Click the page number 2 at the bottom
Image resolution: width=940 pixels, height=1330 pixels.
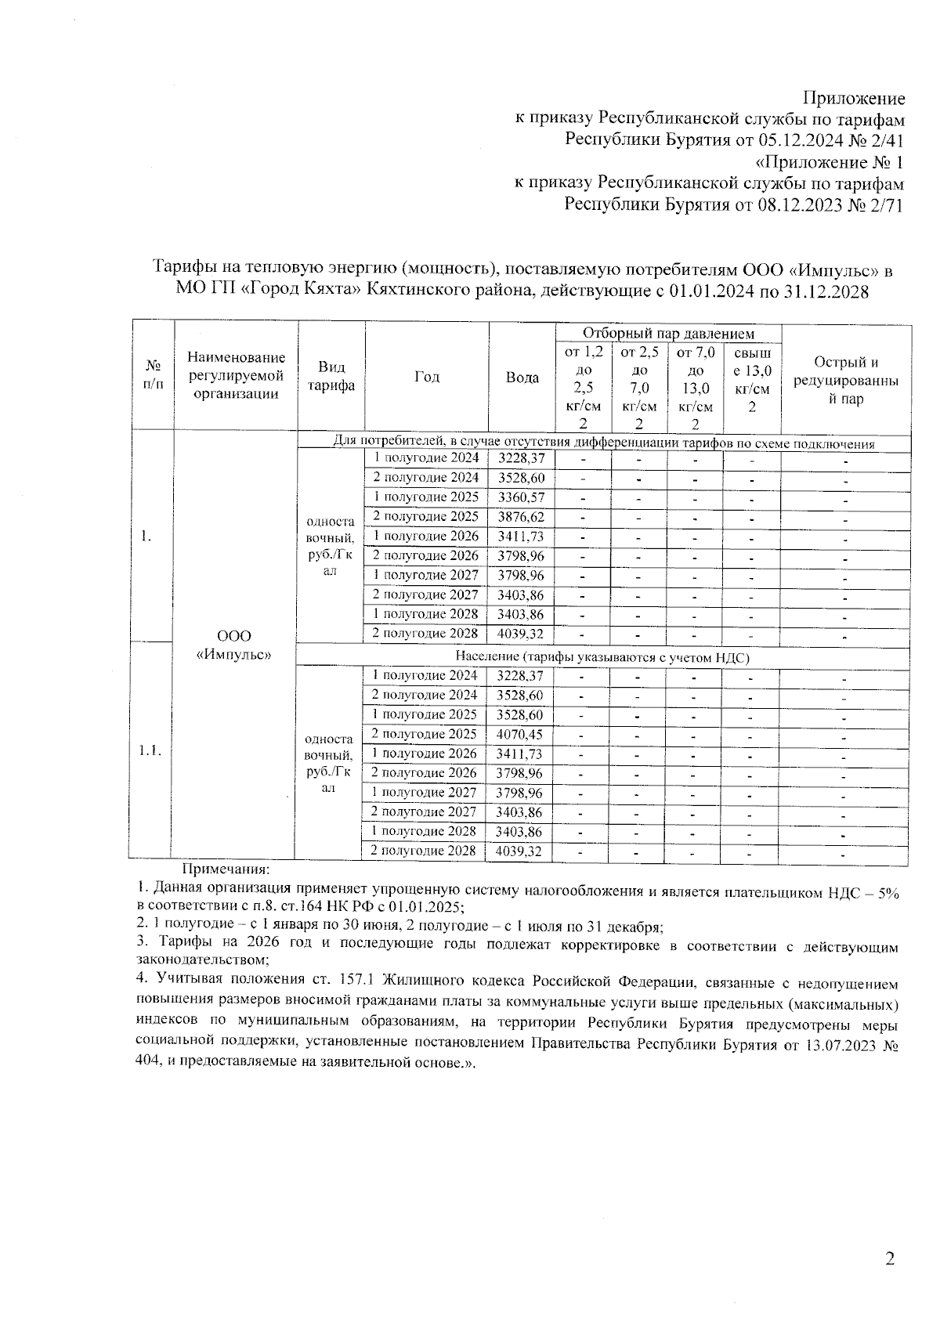tap(889, 1259)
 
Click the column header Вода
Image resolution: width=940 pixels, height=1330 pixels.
tap(522, 378)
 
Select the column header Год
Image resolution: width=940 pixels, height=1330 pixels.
tap(427, 377)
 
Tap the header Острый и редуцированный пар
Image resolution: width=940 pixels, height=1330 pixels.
tap(846, 380)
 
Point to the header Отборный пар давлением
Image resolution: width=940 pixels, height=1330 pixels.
tap(668, 334)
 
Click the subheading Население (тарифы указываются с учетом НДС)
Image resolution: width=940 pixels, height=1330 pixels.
tap(603, 657)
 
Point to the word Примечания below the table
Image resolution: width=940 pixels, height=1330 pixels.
tap(226, 869)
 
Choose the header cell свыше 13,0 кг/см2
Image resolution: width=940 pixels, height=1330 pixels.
tap(752, 380)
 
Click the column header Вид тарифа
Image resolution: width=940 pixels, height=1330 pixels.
tap(331, 377)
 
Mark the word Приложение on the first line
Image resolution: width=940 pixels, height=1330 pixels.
tap(854, 99)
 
